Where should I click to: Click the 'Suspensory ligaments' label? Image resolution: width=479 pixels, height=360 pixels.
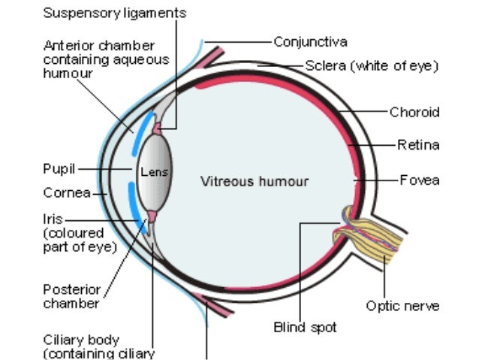tap(115, 14)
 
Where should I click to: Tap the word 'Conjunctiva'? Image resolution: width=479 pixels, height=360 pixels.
tap(310, 41)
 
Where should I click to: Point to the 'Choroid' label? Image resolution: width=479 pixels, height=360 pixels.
tap(414, 112)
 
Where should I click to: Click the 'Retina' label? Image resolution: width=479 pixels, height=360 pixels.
tap(418, 144)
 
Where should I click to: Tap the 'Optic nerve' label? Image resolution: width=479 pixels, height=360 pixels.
tap(402, 305)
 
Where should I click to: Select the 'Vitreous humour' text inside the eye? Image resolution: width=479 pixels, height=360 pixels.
tap(255, 181)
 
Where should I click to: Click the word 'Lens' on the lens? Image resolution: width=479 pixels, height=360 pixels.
tap(155, 172)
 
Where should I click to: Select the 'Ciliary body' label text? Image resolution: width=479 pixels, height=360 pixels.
tap(81, 340)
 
